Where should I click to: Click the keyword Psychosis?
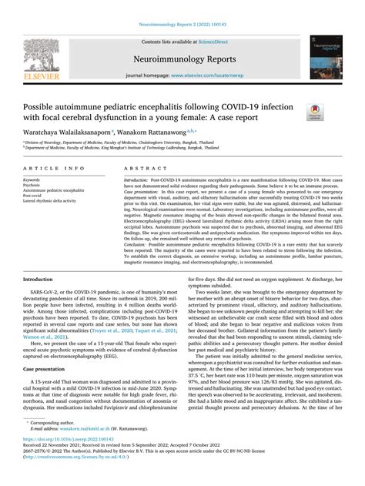click(32, 185)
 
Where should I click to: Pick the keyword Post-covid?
click(33, 196)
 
